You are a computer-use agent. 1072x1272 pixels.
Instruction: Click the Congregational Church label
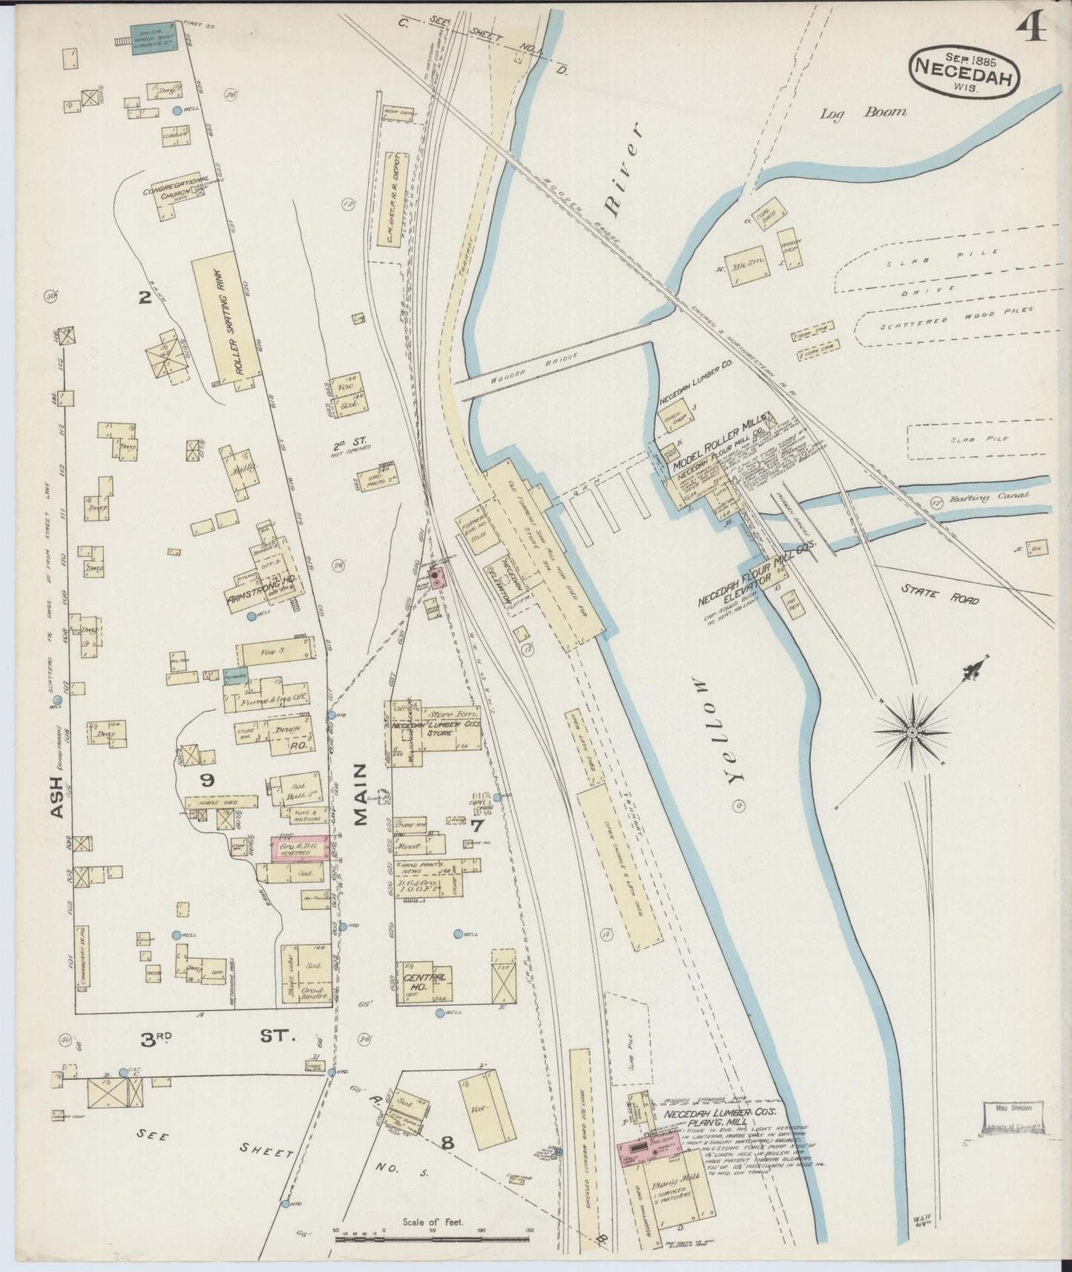pos(175,186)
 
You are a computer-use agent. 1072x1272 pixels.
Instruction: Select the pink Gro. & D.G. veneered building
pos(300,848)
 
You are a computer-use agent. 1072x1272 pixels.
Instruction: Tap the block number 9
pos(207,780)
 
